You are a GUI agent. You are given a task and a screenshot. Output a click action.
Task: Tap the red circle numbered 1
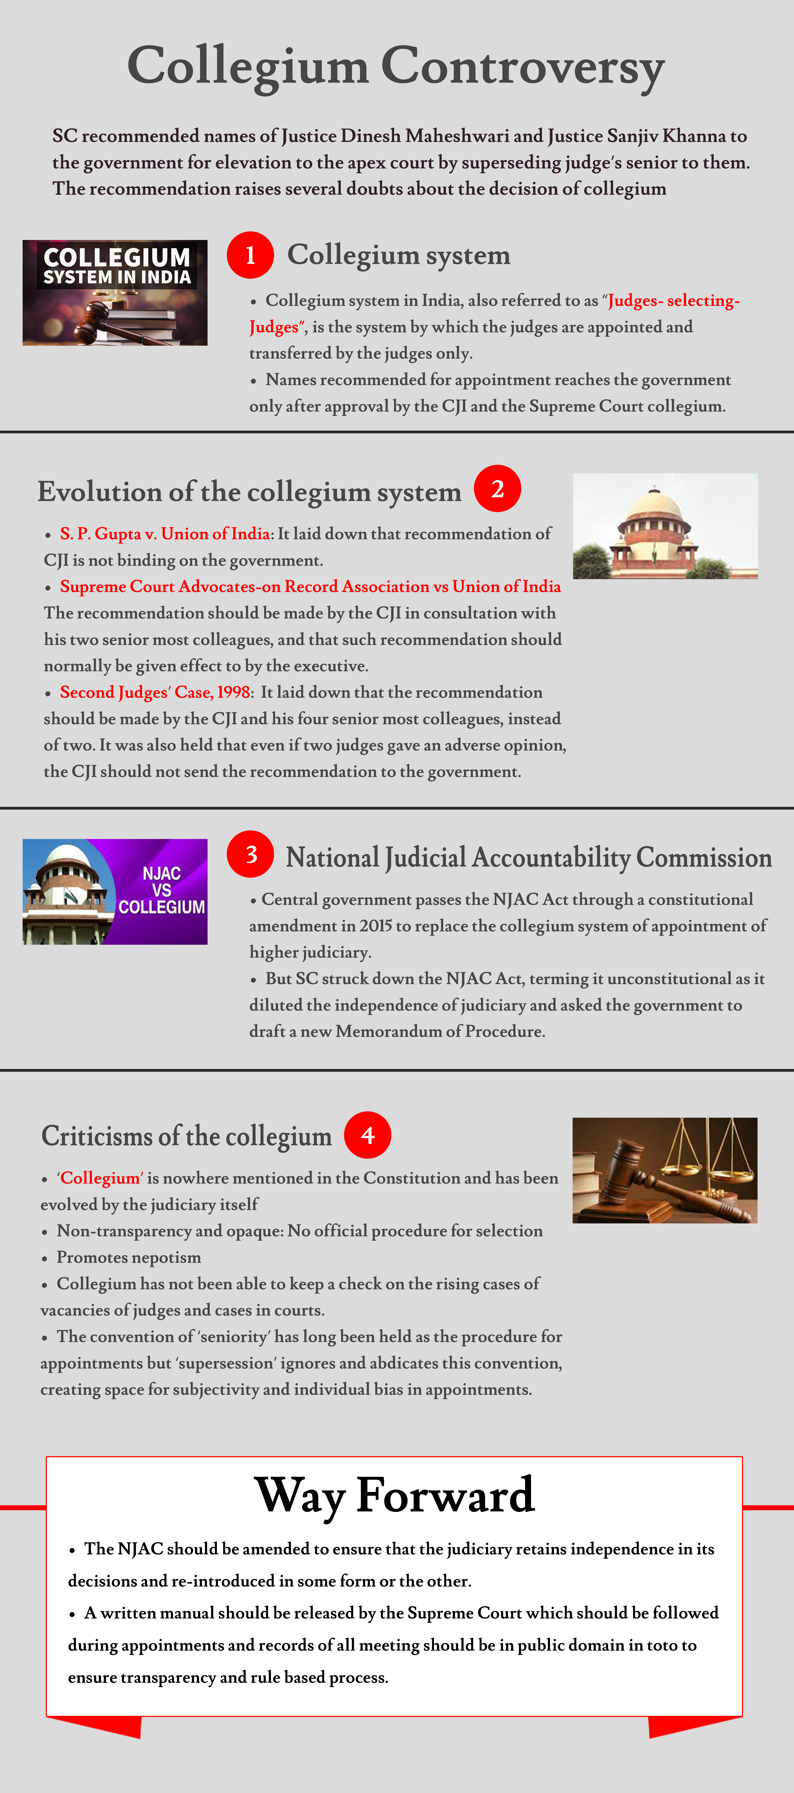pyautogui.click(x=250, y=255)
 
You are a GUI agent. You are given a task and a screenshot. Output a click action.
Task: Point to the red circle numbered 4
pyautogui.click(x=367, y=1135)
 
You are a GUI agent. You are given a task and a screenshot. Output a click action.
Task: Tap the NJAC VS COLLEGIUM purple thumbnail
pyautogui.click(x=115, y=892)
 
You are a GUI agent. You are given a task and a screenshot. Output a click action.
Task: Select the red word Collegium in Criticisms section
pyautogui.click(x=100, y=1178)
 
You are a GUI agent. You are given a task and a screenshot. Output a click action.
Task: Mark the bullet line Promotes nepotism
pyautogui.click(x=129, y=1257)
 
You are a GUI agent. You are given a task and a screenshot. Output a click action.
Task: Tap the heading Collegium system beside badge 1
pyautogui.click(x=399, y=255)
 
